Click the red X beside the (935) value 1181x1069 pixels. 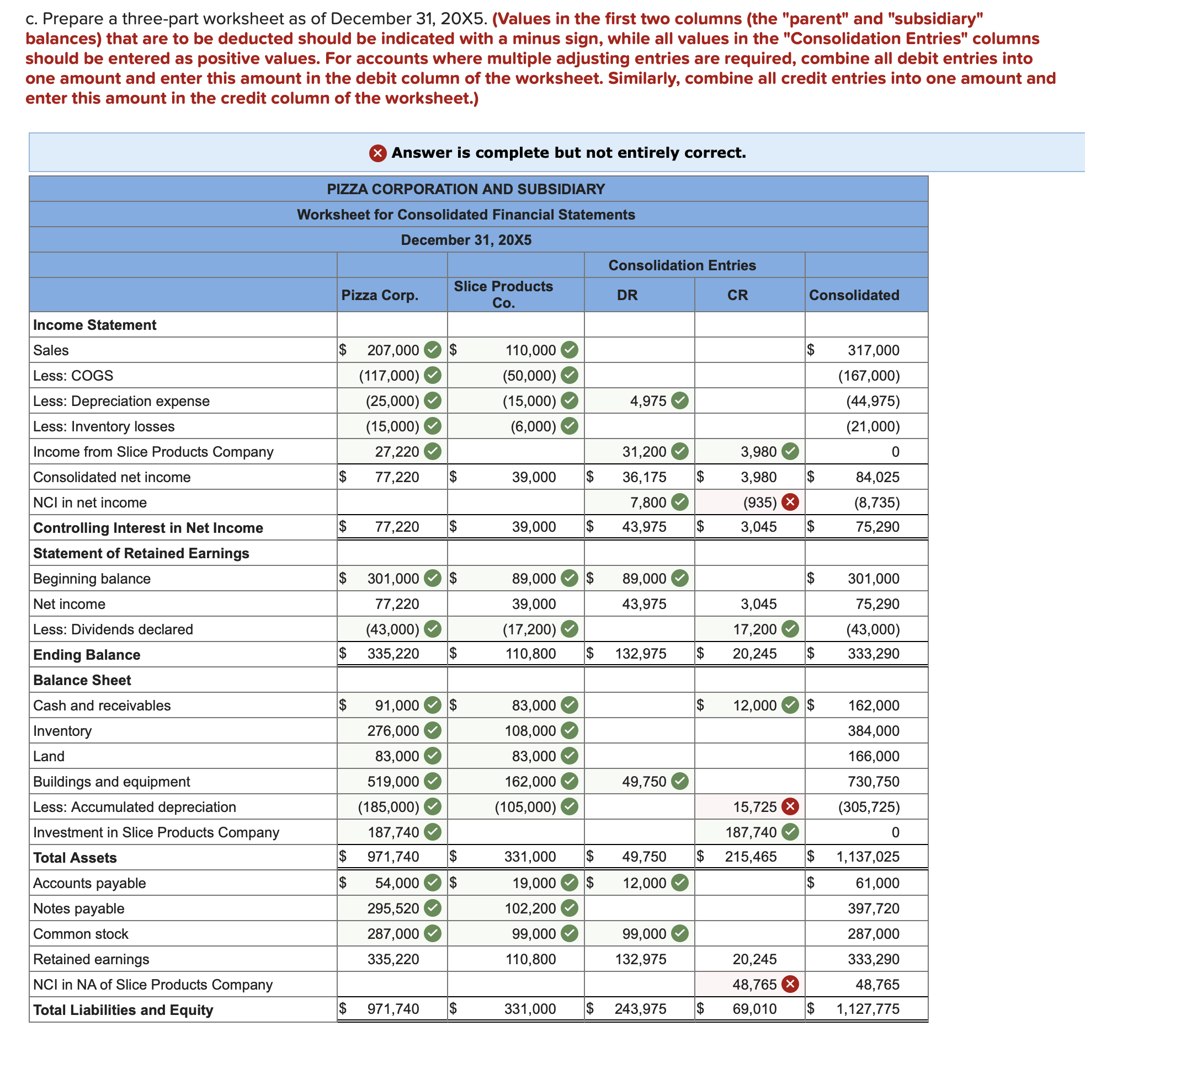[x=790, y=503]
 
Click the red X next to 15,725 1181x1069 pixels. [x=790, y=807]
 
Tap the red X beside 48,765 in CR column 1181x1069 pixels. [x=790, y=985]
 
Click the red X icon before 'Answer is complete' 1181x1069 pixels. [x=378, y=153]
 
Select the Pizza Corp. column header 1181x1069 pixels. [x=380, y=295]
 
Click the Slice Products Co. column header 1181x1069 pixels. [x=503, y=295]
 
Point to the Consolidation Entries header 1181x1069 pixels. [x=682, y=265]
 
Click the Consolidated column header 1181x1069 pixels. [x=854, y=295]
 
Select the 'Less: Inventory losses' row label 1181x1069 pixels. [x=104, y=426]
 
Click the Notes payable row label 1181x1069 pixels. [x=78, y=908]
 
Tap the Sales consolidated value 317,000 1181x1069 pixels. [x=873, y=350]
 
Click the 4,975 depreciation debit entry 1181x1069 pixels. [x=648, y=401]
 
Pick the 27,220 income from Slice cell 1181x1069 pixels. [x=397, y=452]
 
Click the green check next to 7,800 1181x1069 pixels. [x=679, y=503]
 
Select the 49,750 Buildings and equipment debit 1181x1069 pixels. [x=644, y=782]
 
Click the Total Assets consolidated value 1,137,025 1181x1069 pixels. [x=867, y=857]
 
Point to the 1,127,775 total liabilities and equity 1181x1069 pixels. [x=867, y=1009]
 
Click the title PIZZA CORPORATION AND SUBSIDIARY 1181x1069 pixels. [x=466, y=189]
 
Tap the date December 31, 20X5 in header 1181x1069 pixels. [x=466, y=240]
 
